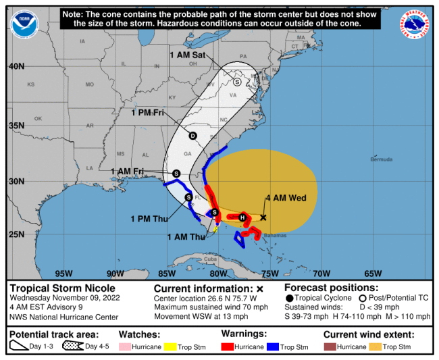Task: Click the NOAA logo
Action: point(25,24)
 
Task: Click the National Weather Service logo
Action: point(415,24)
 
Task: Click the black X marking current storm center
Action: point(263,217)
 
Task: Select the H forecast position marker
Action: point(242,217)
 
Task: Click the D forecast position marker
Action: point(192,136)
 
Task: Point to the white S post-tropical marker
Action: point(237,81)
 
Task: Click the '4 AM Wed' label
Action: point(286,198)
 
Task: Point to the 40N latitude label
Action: point(17,66)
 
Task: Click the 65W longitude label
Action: point(373,274)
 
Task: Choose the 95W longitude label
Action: point(63,274)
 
